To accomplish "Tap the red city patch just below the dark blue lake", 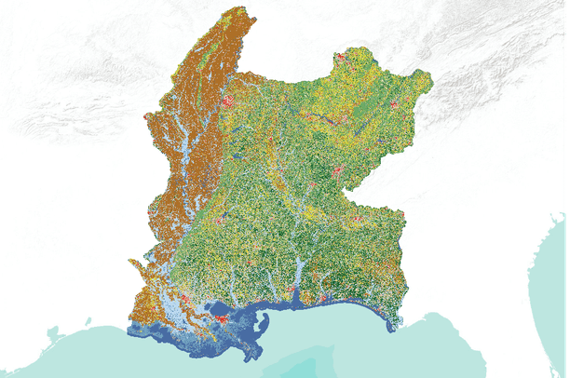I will tap(224, 319).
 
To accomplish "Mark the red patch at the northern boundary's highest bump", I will tap(341, 57).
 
